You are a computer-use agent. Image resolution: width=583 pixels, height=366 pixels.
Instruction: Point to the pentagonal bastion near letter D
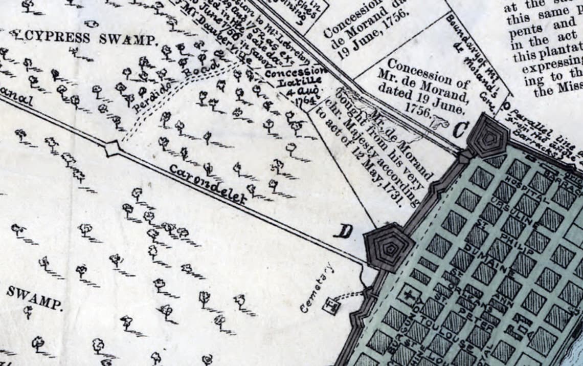tap(389, 248)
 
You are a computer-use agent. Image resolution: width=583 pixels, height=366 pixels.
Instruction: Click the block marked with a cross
tap(409, 296)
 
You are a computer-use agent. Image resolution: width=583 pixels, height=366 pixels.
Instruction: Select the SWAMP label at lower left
tap(35, 298)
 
